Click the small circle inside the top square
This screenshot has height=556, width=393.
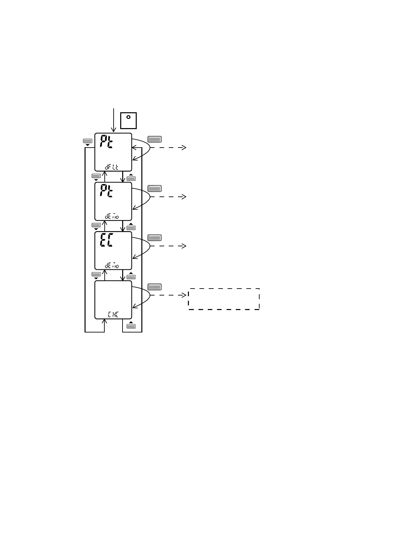(x=128, y=117)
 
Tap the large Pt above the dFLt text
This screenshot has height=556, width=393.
(x=106, y=142)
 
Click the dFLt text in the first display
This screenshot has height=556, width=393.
(x=112, y=167)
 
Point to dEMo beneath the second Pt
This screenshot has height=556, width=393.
(x=112, y=217)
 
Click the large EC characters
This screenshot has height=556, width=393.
(x=106, y=241)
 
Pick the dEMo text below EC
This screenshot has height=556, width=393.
(x=112, y=265)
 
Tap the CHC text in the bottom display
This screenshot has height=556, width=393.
(x=113, y=315)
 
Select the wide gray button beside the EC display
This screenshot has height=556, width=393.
(x=154, y=238)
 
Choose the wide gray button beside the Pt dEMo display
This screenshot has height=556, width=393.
(x=154, y=189)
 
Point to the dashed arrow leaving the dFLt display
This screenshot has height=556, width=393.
(x=168, y=148)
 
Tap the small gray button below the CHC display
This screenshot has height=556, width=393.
(x=131, y=326)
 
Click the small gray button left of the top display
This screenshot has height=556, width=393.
(x=87, y=141)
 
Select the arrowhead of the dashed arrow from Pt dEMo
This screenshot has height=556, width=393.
(x=184, y=197)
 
